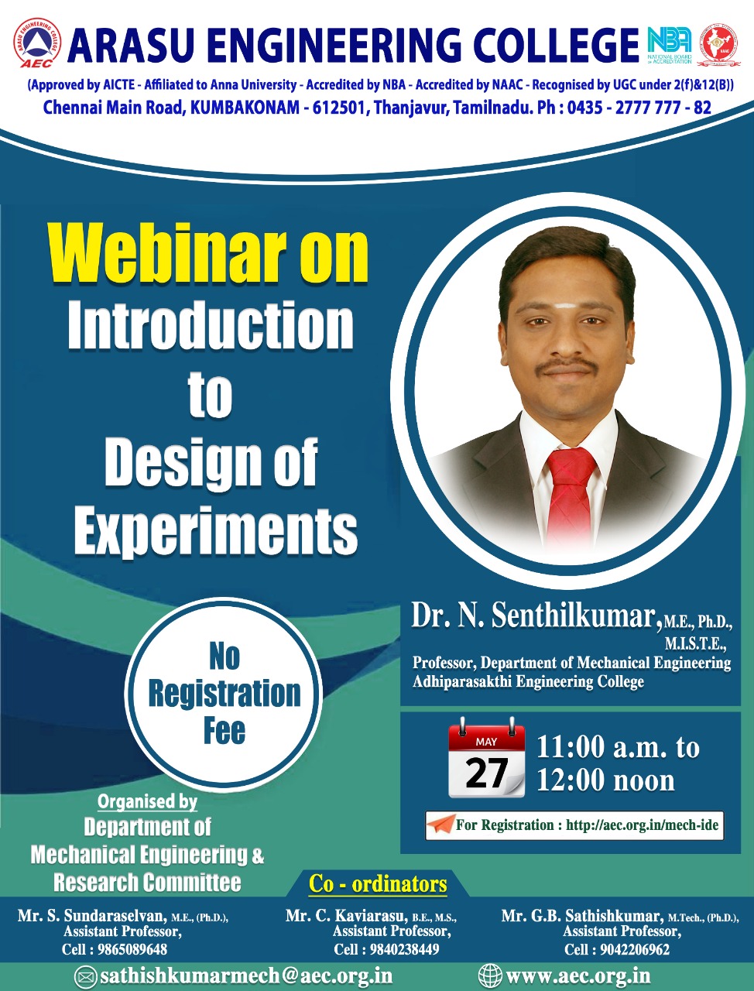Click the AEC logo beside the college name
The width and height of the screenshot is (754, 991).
coord(37,43)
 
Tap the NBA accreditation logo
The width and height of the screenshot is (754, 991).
coord(669,45)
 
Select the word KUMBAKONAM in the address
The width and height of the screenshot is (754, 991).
coord(244,108)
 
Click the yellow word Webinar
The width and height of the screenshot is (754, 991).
coord(167,253)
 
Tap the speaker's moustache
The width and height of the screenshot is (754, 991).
coord(567,365)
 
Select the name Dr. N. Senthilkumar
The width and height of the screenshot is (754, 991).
coord(533,616)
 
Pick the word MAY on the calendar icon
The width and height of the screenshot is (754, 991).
coord(486,742)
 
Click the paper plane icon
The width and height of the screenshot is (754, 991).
coord(440,825)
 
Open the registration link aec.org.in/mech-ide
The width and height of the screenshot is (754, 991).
coord(642,825)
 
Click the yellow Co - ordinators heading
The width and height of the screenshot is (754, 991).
coord(378,884)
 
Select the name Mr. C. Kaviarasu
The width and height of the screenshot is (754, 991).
coord(347,916)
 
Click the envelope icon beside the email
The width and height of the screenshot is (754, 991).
coord(85,975)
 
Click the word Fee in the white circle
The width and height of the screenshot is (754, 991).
coord(224,730)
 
